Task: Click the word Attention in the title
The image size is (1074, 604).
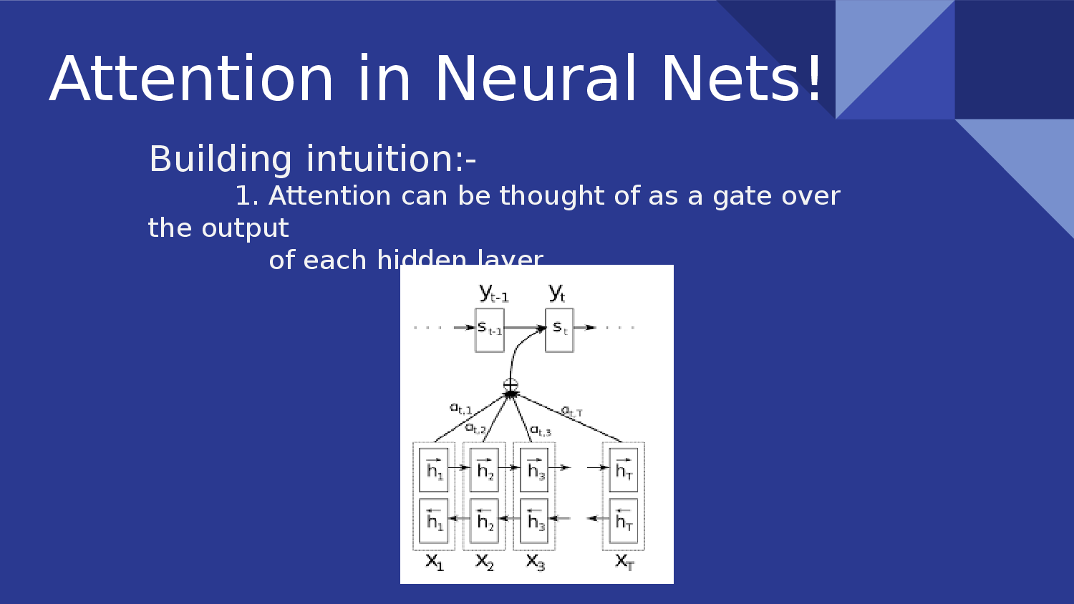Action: point(192,79)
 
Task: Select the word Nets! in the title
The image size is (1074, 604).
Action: point(742,79)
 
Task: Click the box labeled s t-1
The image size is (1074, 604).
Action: point(490,330)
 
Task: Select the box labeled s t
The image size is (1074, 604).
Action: point(559,330)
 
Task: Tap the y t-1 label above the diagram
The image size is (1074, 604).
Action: point(493,293)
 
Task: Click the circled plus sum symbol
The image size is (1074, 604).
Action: point(511,385)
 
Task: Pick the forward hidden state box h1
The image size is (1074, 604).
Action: point(434,469)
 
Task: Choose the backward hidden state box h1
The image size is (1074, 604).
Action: point(434,520)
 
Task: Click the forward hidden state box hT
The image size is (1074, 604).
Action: point(624,469)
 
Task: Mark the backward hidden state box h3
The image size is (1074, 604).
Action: point(534,520)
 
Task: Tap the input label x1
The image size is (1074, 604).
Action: point(435,562)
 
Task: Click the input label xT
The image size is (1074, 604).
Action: point(624,562)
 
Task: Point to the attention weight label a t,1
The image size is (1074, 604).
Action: point(460,409)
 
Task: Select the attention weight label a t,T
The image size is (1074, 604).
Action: point(571,411)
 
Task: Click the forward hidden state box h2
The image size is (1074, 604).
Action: point(485,469)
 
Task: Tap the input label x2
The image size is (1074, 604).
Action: point(485,562)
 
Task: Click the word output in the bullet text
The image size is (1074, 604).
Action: point(245,228)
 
